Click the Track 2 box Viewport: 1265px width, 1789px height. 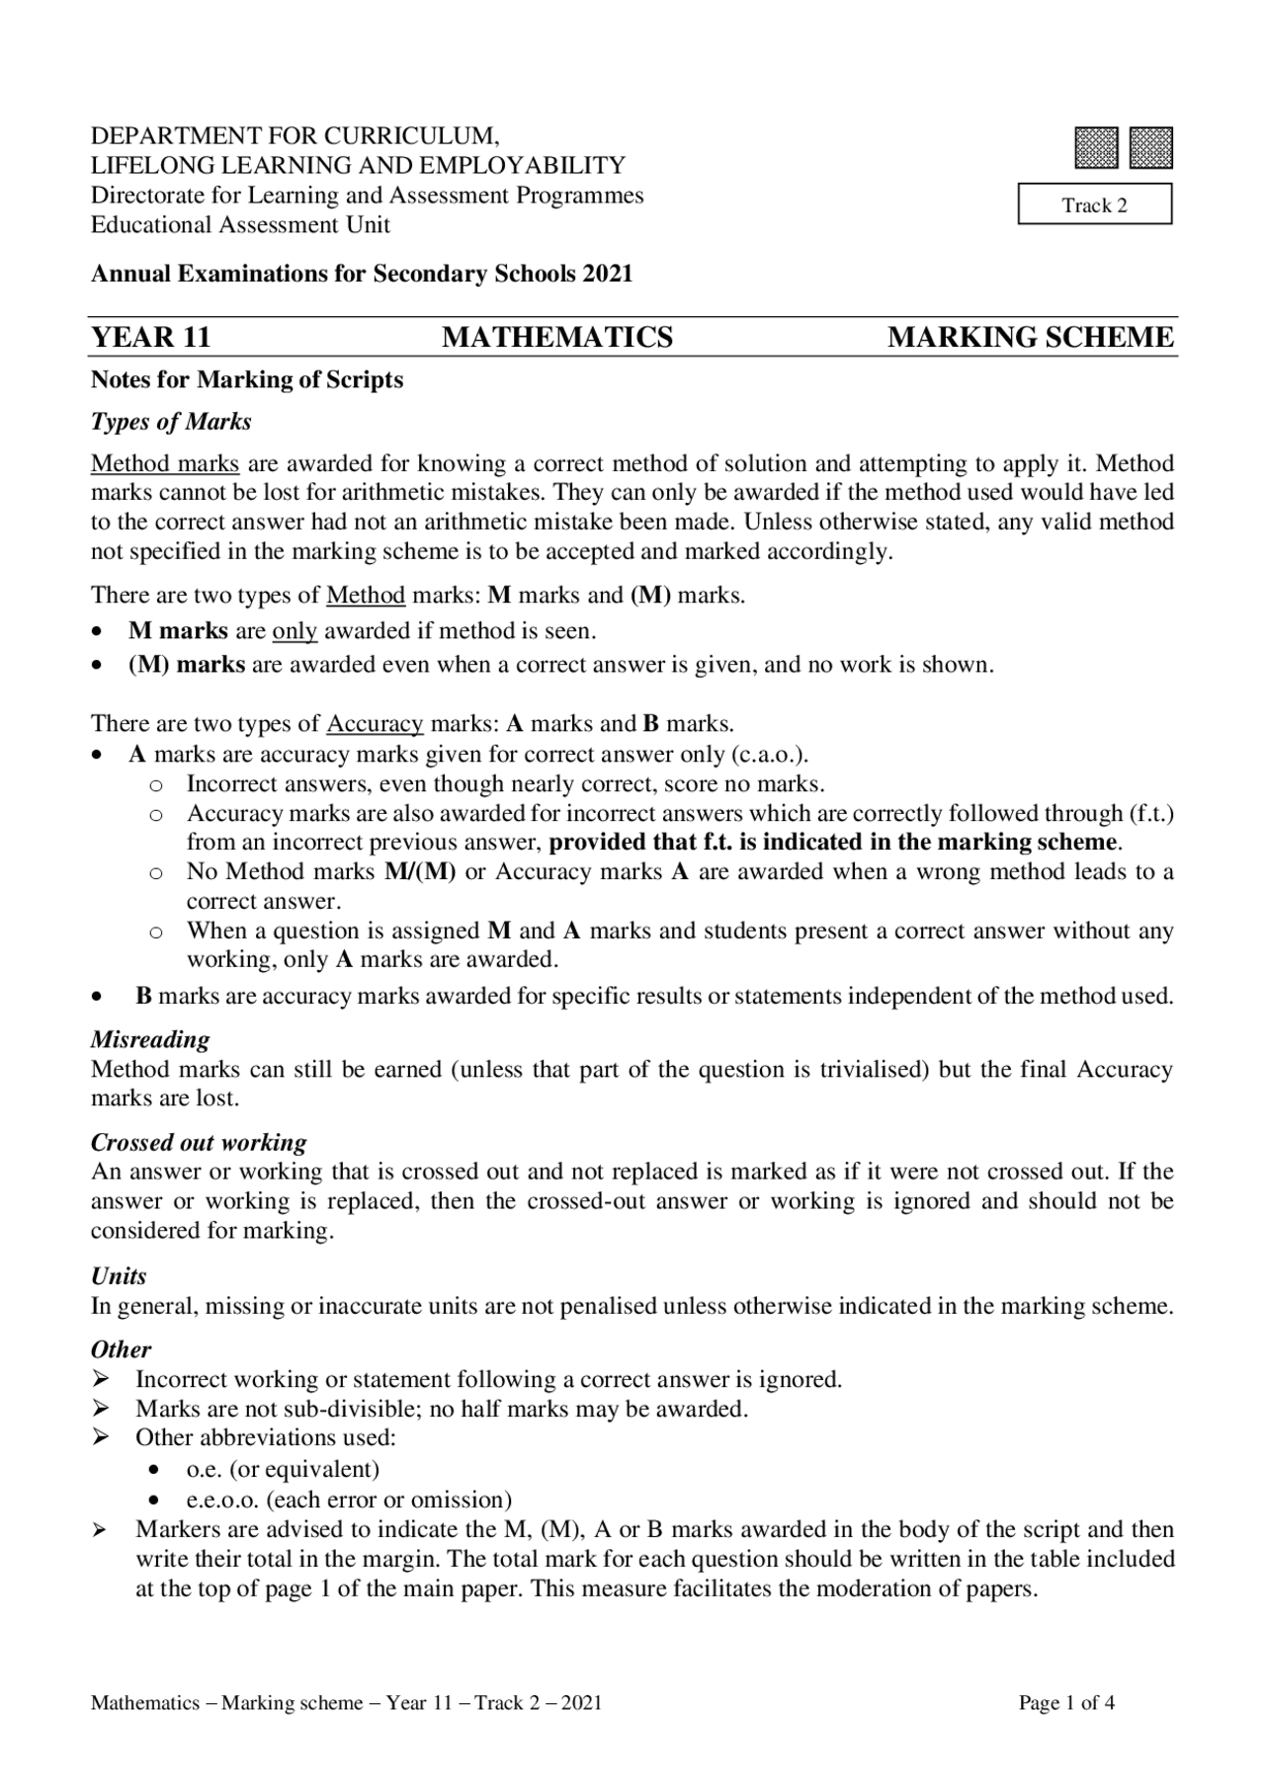(x=1094, y=204)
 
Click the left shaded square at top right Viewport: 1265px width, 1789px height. (x=1097, y=147)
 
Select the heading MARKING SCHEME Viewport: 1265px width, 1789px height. (x=1031, y=338)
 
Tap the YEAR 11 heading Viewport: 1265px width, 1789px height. (x=150, y=338)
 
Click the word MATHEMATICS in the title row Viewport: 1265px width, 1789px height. (x=557, y=338)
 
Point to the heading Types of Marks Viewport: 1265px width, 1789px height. (x=171, y=422)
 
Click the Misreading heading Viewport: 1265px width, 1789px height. (x=150, y=1039)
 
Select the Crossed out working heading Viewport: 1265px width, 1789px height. (x=199, y=1142)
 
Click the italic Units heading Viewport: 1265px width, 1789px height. (x=119, y=1275)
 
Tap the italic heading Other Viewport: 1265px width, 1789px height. (x=121, y=1349)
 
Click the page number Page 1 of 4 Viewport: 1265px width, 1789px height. (x=1066, y=1702)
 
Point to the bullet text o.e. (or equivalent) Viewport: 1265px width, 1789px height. (x=283, y=1468)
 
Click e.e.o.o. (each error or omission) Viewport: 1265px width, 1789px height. (x=349, y=1499)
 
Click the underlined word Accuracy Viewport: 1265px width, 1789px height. (x=375, y=723)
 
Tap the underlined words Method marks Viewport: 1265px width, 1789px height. (x=165, y=463)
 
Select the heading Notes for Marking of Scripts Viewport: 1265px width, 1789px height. (x=247, y=379)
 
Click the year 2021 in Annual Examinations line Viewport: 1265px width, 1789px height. (x=607, y=274)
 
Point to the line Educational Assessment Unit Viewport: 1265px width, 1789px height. (x=240, y=224)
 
